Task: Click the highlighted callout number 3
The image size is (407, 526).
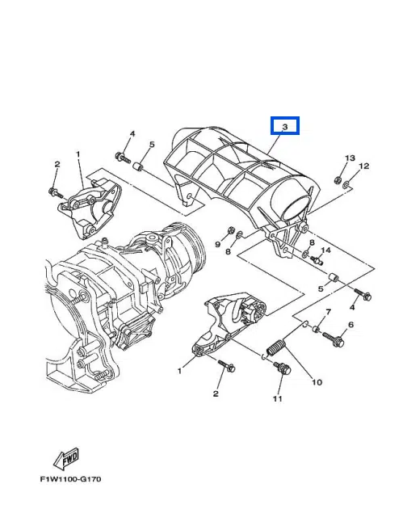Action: click(285, 127)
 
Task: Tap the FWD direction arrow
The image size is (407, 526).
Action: click(66, 458)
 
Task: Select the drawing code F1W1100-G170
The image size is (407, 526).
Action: click(70, 479)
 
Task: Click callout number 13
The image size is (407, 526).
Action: click(350, 158)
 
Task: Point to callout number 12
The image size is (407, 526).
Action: click(363, 166)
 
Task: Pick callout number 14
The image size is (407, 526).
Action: click(325, 250)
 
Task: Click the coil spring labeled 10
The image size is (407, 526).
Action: click(276, 347)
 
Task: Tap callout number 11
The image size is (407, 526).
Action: click(277, 398)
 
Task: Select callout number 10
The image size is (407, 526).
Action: click(317, 382)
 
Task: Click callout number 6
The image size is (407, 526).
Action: click(350, 324)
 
